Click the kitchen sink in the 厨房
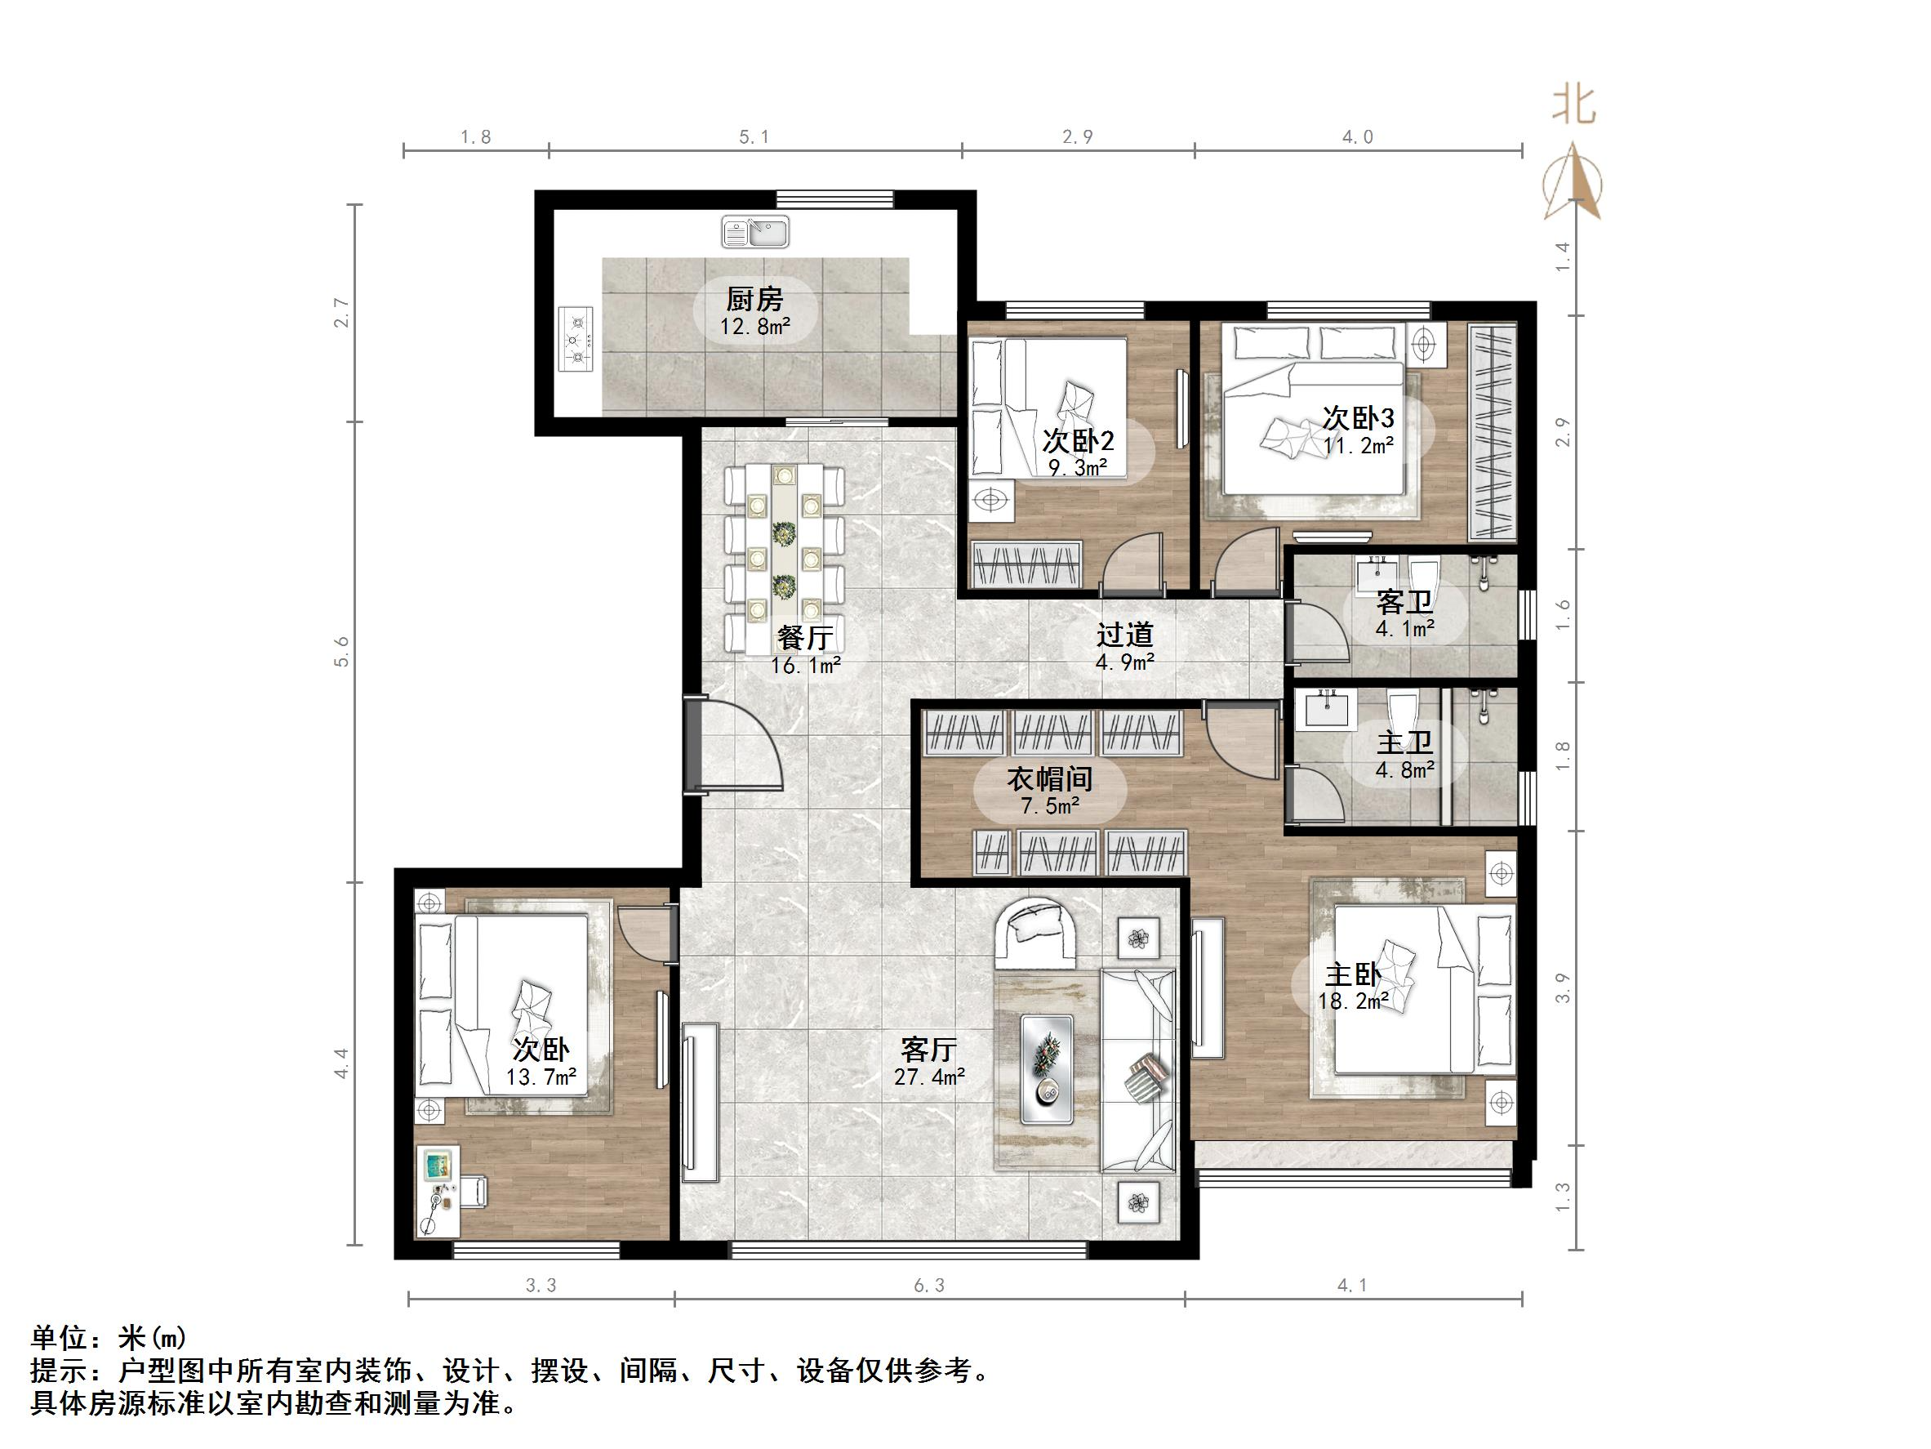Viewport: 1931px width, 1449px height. click(755, 231)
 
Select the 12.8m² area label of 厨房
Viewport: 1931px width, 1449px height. click(755, 328)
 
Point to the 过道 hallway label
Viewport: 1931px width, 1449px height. click(1125, 635)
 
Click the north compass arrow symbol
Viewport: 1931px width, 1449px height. click(1572, 184)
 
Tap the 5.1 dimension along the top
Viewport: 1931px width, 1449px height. click(754, 137)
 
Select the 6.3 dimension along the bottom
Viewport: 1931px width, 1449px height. click(929, 1285)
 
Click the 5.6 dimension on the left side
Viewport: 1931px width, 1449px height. click(341, 652)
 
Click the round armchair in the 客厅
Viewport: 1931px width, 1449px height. click(1036, 934)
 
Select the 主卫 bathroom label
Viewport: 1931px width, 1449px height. click(1404, 743)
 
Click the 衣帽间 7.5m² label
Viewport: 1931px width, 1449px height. click(1050, 791)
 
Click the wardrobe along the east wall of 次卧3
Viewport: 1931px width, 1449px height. click(1492, 432)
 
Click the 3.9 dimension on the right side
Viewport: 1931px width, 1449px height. click(1563, 988)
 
